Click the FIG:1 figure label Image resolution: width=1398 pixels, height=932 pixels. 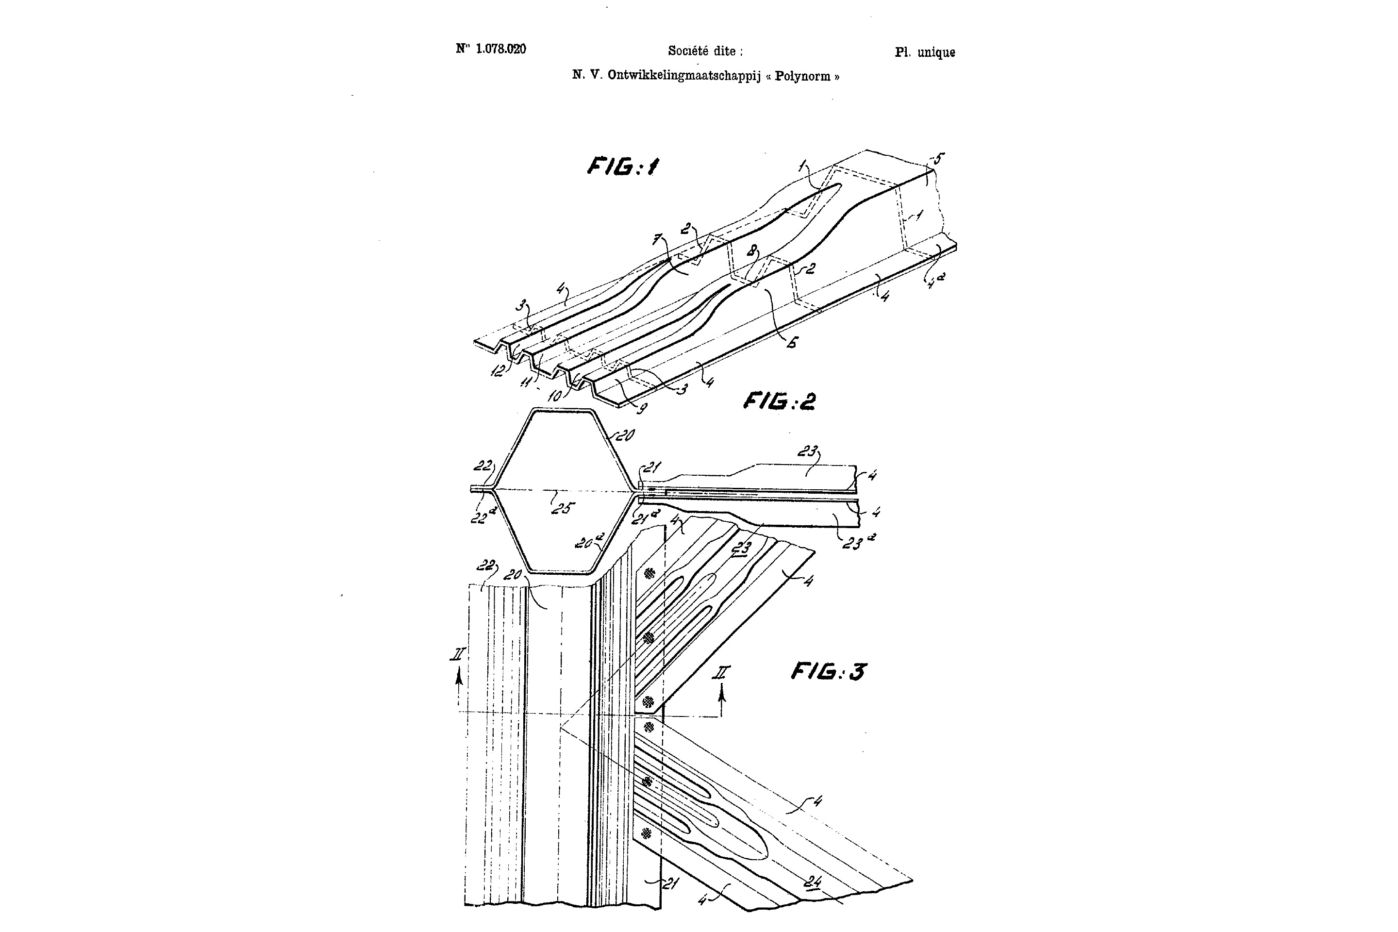(x=622, y=166)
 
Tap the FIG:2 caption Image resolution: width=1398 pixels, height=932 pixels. (x=779, y=402)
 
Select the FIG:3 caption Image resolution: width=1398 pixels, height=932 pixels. (x=828, y=672)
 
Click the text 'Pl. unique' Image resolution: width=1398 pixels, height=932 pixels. (x=925, y=52)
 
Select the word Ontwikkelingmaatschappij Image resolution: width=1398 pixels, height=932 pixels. (x=683, y=76)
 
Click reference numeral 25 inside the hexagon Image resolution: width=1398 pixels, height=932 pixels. (x=562, y=508)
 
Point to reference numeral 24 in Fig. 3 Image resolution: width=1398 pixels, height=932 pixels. (x=812, y=882)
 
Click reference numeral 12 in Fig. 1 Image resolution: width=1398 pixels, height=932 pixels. (x=498, y=370)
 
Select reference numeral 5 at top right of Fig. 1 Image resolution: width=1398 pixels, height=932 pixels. (x=938, y=159)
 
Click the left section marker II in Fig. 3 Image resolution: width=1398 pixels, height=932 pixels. (x=457, y=655)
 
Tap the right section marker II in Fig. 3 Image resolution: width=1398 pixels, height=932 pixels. (x=722, y=673)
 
